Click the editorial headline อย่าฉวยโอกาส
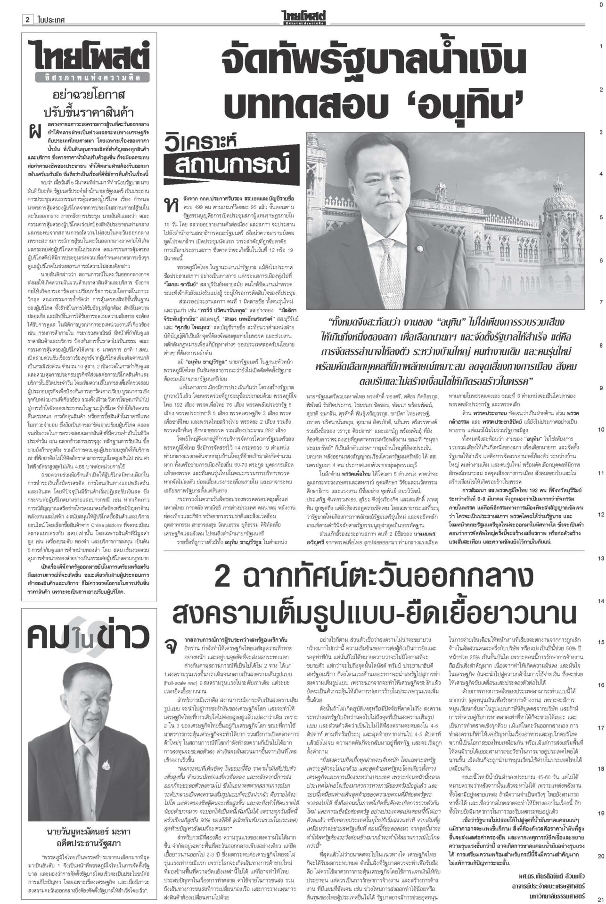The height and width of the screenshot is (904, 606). [x=89, y=95]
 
